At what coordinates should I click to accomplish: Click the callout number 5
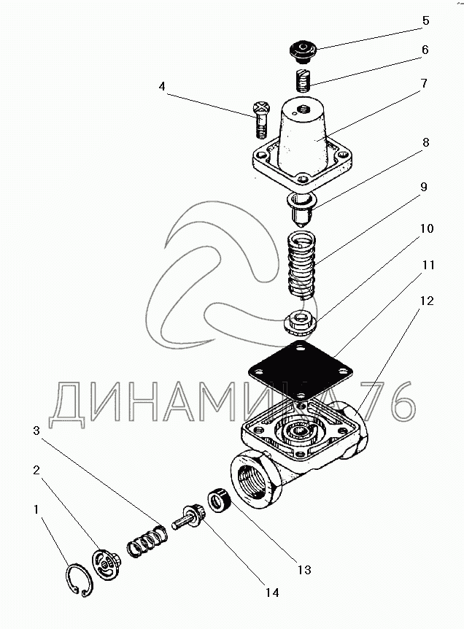425,21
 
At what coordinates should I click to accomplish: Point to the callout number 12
425,301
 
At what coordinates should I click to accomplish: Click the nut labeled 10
298,318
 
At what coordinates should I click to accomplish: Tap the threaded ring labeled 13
219,500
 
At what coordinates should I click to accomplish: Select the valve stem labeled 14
189,516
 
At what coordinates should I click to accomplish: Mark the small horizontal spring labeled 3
148,541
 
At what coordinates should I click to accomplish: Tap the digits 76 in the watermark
387,403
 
